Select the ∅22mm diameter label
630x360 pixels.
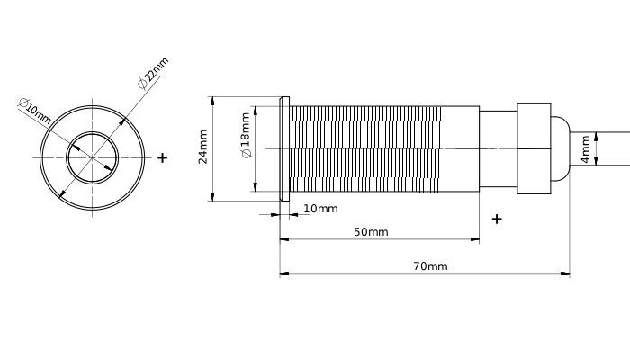pyautogui.click(x=154, y=73)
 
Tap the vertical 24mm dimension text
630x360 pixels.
pyautogui.click(x=203, y=147)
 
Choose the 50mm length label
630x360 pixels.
pyautogui.click(x=371, y=232)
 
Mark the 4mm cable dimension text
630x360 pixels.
pyautogui.click(x=585, y=148)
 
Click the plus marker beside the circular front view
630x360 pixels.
pyautogui.click(x=162, y=157)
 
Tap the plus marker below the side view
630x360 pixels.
pyautogui.click(x=497, y=219)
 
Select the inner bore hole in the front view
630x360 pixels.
pyautogui.click(x=91, y=157)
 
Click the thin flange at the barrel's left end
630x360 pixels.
pyautogui.click(x=284, y=148)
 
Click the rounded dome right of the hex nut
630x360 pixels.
pyautogui.click(x=558, y=148)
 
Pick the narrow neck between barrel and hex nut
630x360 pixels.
pyautogui.click(x=497, y=148)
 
